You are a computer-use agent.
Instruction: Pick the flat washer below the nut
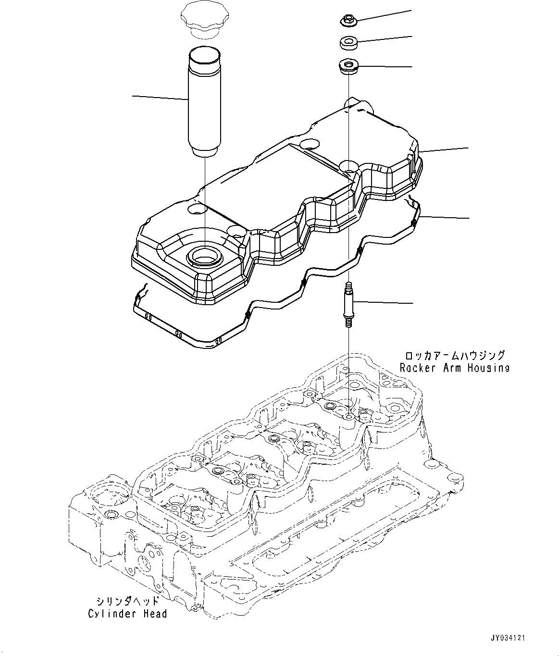point(347,43)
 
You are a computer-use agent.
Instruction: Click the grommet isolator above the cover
point(347,65)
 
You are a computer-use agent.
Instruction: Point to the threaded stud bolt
point(348,305)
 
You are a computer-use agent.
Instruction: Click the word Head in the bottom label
point(155,614)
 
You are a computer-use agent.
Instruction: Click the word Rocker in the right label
point(417,368)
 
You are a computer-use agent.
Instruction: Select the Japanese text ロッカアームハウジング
point(455,356)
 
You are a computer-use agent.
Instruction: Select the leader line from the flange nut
point(385,14)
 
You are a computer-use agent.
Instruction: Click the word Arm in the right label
point(448,368)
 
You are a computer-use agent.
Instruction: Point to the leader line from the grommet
point(385,66)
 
